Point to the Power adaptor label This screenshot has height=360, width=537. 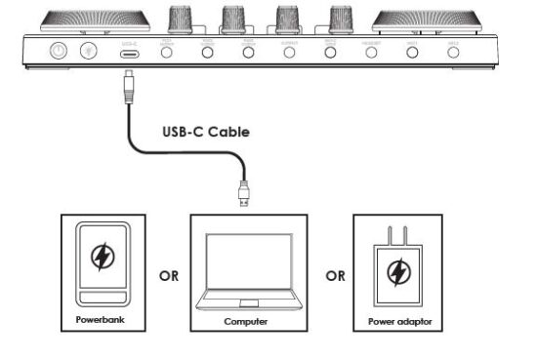pos(399,319)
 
